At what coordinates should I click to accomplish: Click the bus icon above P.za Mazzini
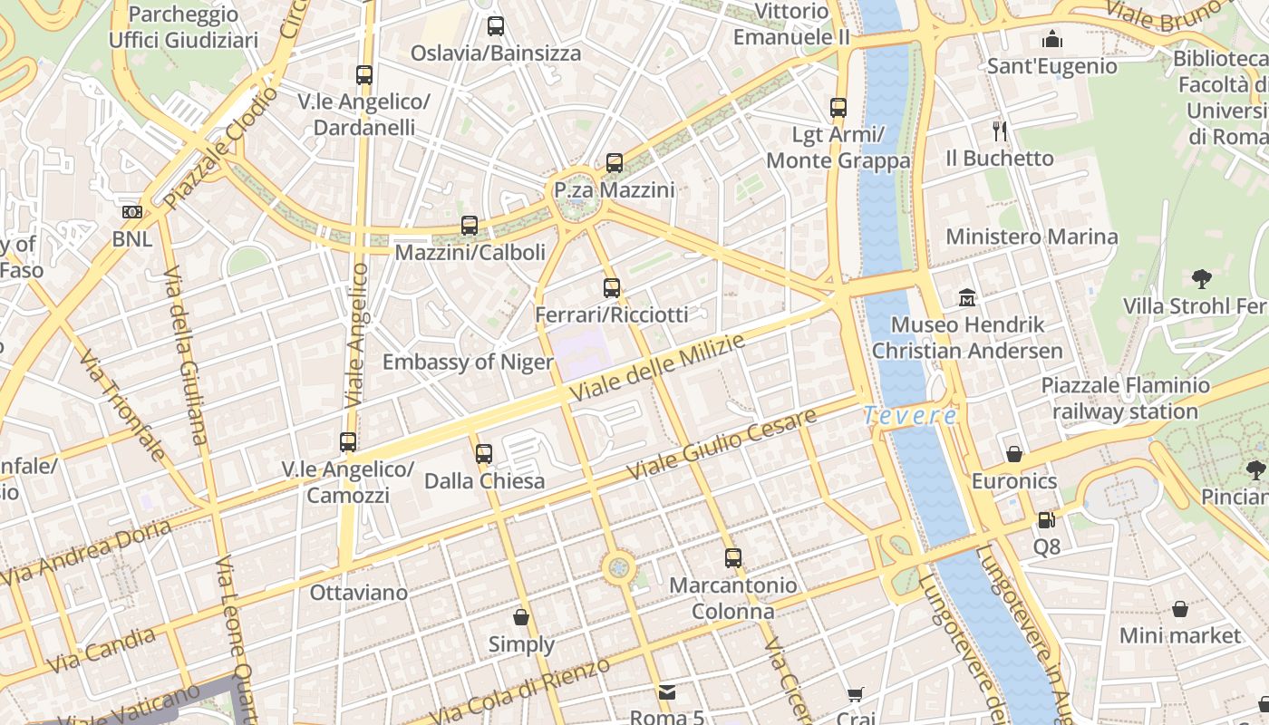(x=615, y=163)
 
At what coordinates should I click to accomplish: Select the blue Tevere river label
(x=909, y=416)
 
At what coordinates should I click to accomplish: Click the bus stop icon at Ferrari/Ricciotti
(x=612, y=288)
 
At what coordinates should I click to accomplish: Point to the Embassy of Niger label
(x=467, y=362)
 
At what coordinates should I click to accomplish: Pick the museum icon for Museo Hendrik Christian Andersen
(x=967, y=297)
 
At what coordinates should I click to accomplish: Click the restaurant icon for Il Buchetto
(x=1000, y=131)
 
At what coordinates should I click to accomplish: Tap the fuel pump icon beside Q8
(x=1047, y=520)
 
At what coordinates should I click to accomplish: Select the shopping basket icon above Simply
(x=521, y=617)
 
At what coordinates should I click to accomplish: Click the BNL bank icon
(x=132, y=212)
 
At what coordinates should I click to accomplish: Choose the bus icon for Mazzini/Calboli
(x=470, y=226)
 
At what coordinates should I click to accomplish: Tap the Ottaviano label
(x=359, y=593)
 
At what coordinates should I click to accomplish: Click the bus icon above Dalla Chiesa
(x=484, y=453)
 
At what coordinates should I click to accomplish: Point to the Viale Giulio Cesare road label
(x=722, y=445)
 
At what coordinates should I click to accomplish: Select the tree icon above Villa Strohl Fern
(x=1202, y=278)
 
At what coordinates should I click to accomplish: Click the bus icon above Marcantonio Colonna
(x=732, y=558)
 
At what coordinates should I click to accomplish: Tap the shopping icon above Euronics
(x=1014, y=453)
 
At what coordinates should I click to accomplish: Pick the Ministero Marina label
(x=1032, y=237)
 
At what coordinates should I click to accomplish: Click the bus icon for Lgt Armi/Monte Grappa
(x=838, y=108)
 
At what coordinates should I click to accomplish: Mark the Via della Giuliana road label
(x=185, y=353)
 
